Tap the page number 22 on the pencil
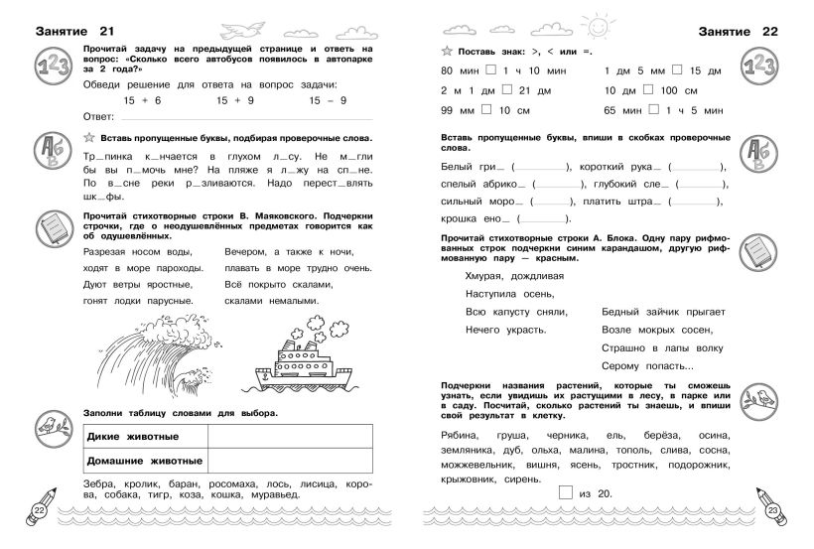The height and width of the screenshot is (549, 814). pos(39,510)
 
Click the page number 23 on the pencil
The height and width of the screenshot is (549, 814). pos(774,510)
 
